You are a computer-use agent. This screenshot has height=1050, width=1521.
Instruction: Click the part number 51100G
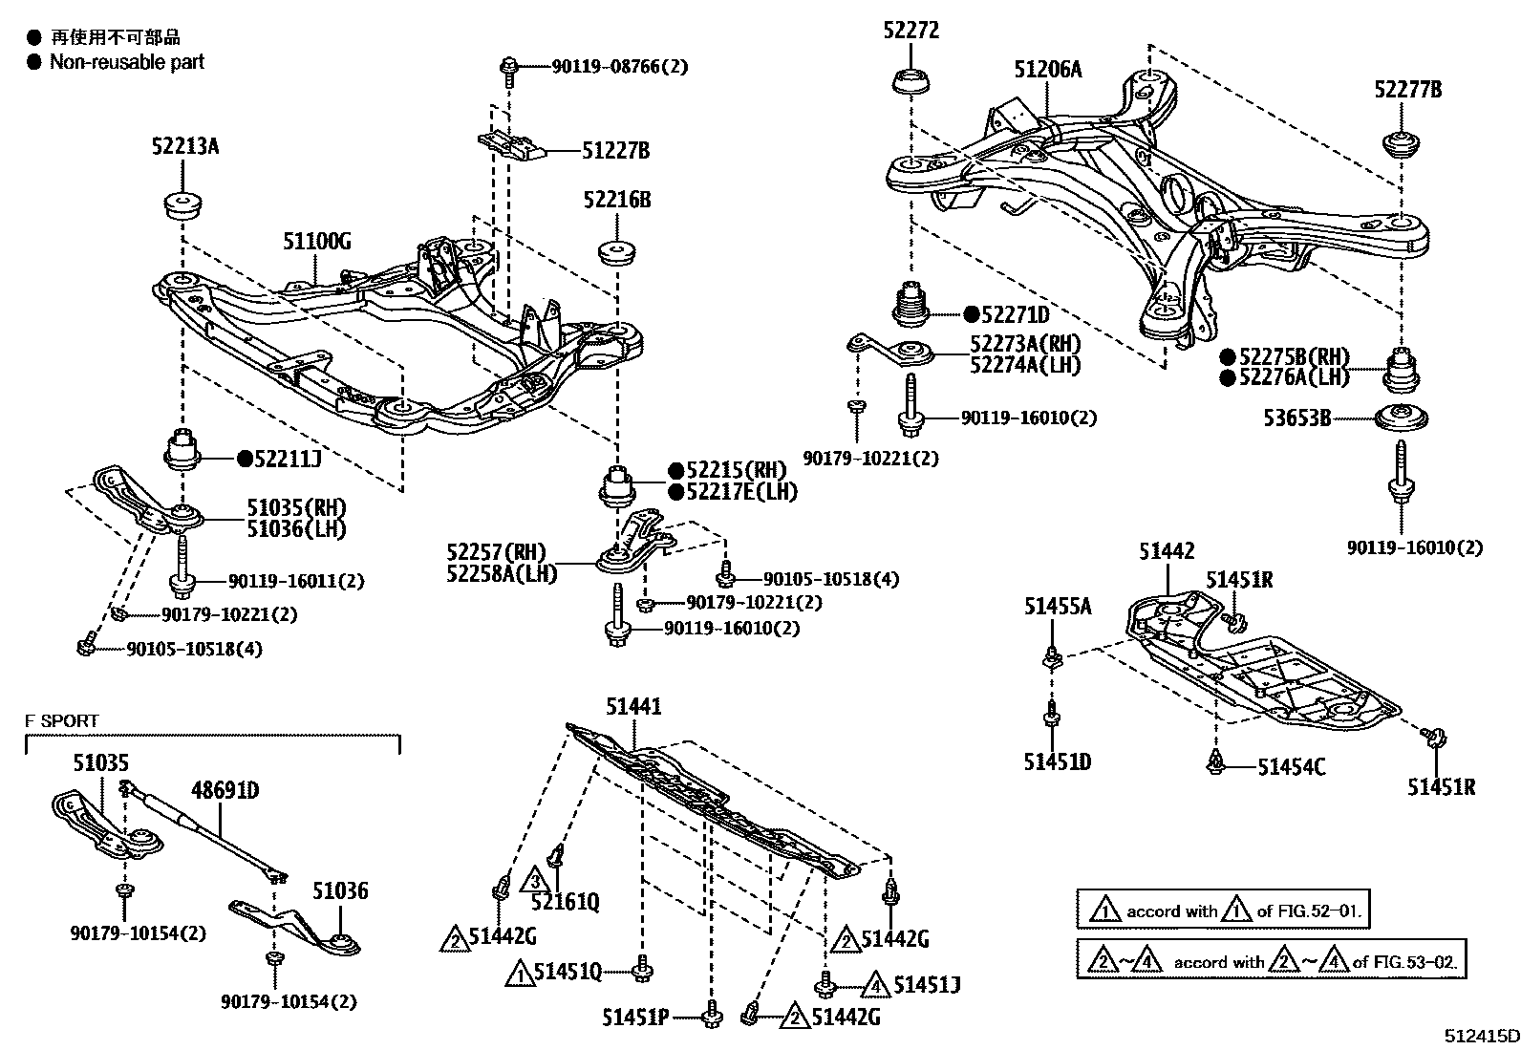[316, 242]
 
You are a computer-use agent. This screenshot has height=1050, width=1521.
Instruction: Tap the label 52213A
[185, 146]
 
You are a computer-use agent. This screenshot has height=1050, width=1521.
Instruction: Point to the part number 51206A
[1048, 69]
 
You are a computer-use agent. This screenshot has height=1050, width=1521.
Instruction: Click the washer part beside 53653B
[1402, 418]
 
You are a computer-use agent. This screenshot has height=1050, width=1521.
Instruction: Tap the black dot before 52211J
[245, 459]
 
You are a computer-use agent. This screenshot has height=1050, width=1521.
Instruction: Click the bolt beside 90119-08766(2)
[509, 68]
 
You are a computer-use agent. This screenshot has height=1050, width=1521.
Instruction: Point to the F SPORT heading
[62, 721]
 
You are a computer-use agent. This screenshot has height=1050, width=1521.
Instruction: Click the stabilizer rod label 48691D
[225, 791]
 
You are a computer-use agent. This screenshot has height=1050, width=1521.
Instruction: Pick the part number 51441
[633, 707]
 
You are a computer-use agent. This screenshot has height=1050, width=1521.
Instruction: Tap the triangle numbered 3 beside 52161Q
[536, 879]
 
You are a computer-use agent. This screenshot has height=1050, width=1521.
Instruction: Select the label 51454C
[1291, 766]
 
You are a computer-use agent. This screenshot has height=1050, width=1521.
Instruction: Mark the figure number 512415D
[1481, 1035]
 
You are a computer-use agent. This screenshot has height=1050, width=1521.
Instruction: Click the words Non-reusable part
[127, 62]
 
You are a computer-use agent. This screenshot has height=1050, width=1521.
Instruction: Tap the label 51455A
[1058, 605]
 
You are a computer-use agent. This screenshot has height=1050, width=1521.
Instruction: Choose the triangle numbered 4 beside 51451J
[875, 982]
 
